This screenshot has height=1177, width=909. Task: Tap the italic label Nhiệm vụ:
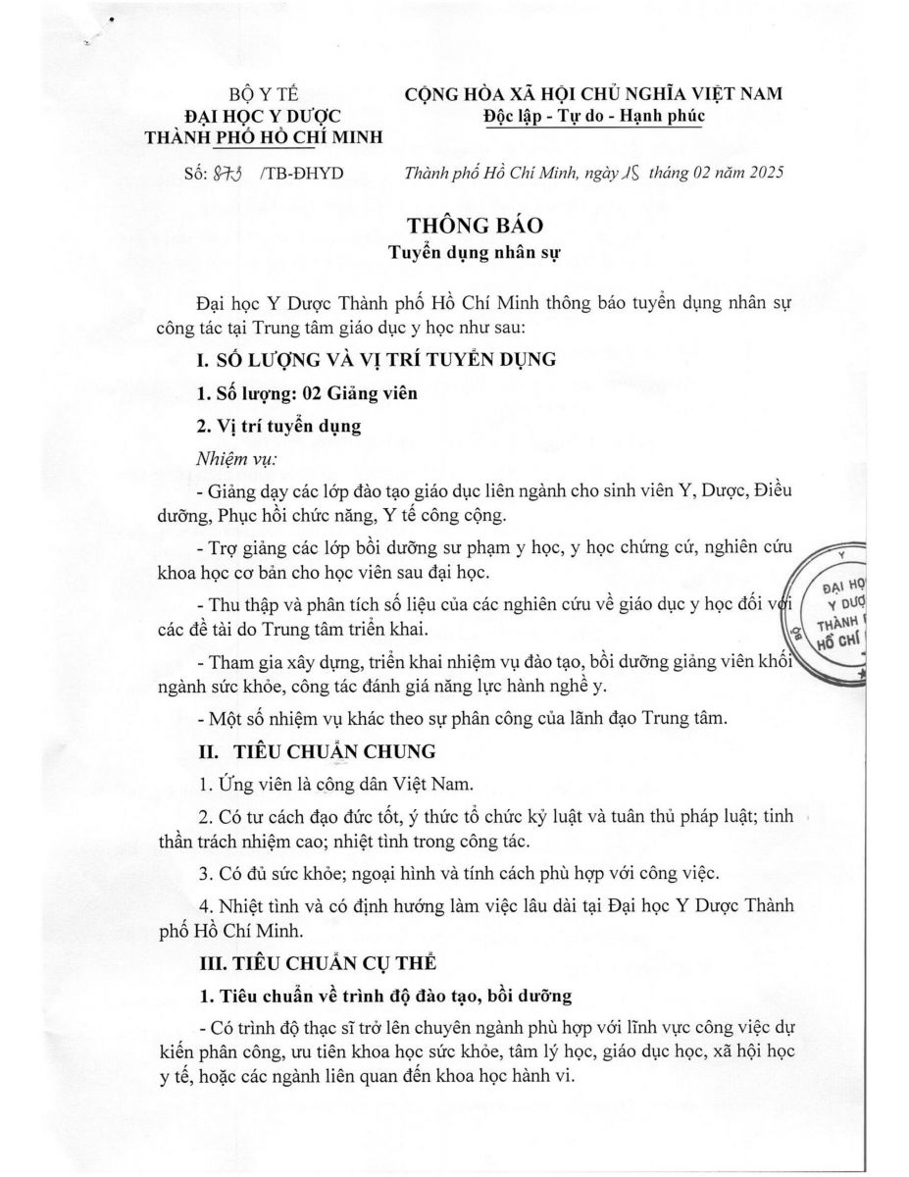[x=236, y=458]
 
